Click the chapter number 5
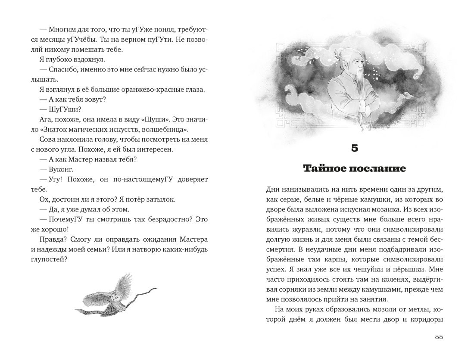pos(354,148)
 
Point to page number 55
pos(439,337)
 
